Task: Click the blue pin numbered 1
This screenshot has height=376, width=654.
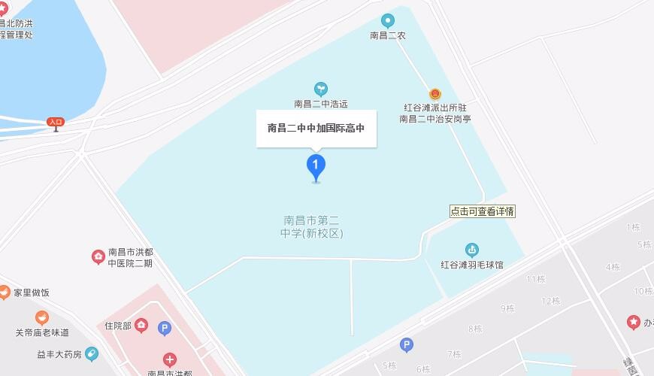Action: [316, 166]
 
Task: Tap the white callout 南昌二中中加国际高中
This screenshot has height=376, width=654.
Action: [316, 128]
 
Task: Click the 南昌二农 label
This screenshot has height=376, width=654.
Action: [387, 35]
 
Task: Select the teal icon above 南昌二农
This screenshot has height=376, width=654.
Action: [387, 20]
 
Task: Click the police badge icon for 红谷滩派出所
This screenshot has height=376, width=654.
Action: [434, 94]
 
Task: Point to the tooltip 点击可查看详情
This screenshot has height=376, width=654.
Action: [483, 211]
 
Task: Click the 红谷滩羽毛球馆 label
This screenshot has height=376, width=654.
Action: [472, 265]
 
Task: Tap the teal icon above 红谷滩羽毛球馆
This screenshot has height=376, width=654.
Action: [472, 250]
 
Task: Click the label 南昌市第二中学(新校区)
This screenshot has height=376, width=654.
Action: [311, 227]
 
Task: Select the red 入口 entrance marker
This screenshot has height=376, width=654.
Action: [56, 122]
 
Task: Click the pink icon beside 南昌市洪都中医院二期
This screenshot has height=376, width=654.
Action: [98, 257]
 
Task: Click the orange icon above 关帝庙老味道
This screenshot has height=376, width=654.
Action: [42, 318]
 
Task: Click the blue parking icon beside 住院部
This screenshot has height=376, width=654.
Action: [165, 328]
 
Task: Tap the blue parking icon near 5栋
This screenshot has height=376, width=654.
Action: [407, 345]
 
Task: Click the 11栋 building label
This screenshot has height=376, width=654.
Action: [535, 279]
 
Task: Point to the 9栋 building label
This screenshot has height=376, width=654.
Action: [507, 308]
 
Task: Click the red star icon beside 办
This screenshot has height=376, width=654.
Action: [634, 323]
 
